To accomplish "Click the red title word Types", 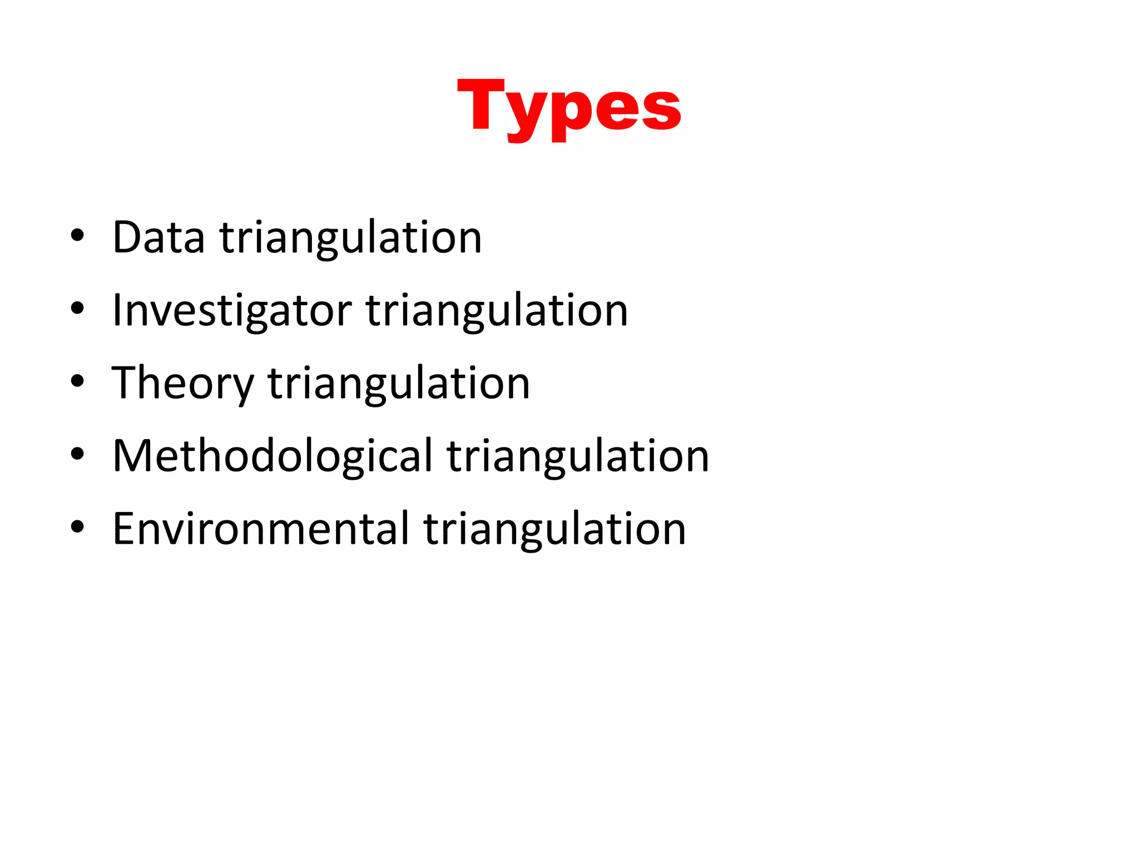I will click(569, 107).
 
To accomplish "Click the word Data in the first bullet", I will click(159, 237).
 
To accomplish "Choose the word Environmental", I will click(261, 529).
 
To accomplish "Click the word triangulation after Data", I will click(351, 237).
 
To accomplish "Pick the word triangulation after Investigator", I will click(497, 310).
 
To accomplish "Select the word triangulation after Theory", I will click(399, 383).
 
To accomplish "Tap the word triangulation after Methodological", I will click(578, 456).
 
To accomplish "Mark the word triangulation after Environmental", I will click(554, 529).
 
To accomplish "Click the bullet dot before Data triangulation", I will click(77, 236).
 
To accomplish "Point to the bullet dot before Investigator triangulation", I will click(77, 309).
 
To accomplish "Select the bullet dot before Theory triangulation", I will click(77, 381).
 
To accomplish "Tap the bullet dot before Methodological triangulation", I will click(77, 454).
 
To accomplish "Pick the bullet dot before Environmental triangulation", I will click(77, 527).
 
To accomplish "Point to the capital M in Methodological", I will click(134, 456).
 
